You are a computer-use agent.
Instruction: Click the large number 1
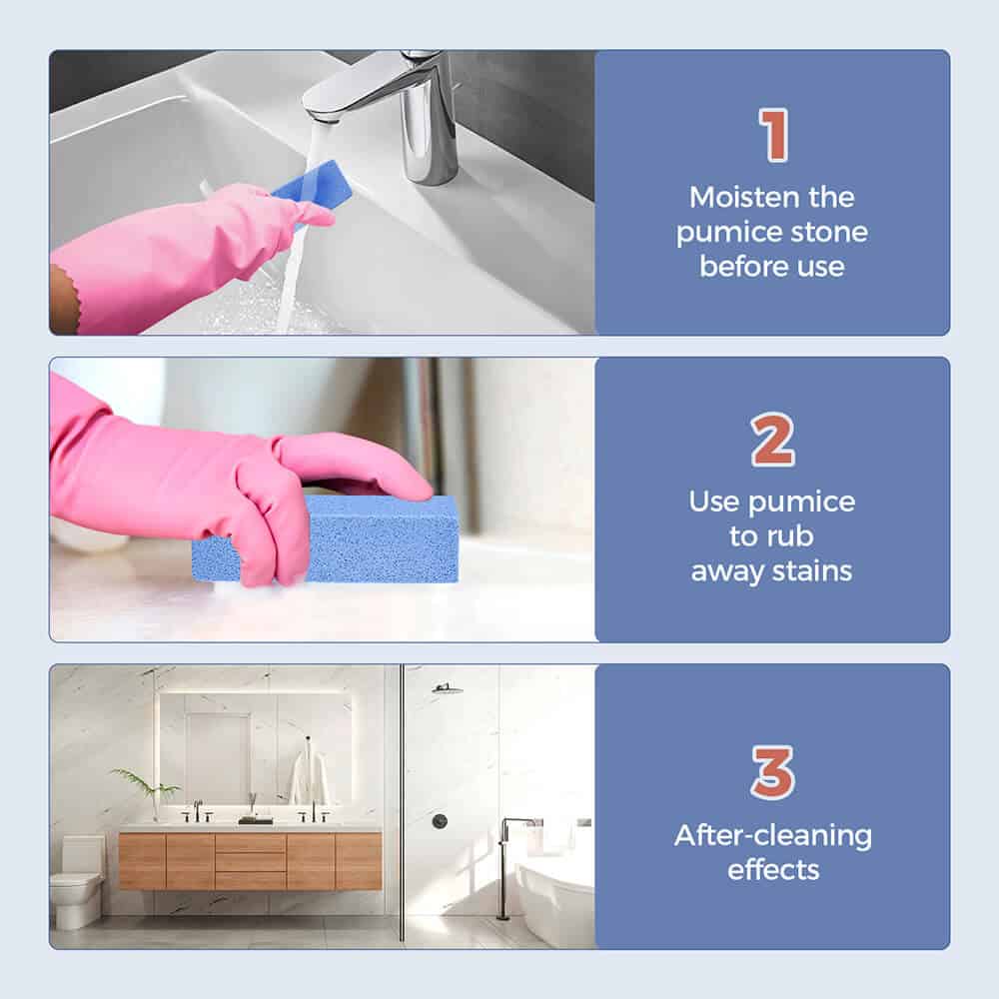click(x=773, y=135)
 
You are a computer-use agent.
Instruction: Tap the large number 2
click(x=772, y=440)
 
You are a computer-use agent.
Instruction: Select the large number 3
click(x=773, y=772)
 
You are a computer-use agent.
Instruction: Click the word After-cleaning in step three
click(x=773, y=836)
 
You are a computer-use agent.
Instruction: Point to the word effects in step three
click(x=773, y=870)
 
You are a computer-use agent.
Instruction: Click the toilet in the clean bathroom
click(x=78, y=882)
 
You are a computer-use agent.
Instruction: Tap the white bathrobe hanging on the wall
click(x=309, y=777)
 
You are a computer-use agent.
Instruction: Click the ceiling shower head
click(x=448, y=688)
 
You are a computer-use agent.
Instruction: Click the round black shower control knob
click(x=440, y=821)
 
